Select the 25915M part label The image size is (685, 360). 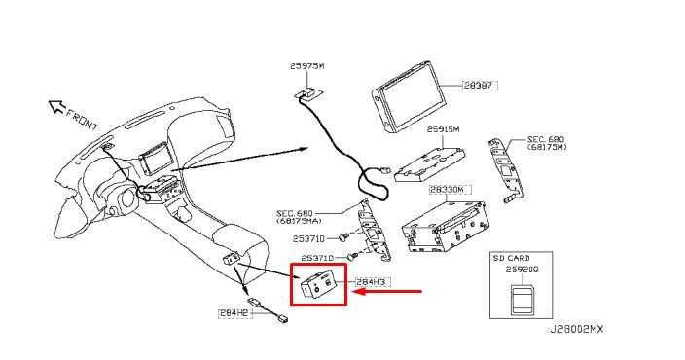click(443, 129)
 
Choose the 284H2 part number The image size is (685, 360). click(234, 313)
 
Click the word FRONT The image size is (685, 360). click(83, 122)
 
